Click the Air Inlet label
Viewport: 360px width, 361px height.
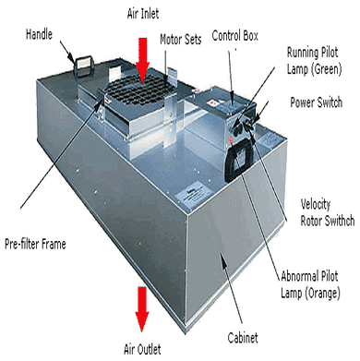[x=143, y=14]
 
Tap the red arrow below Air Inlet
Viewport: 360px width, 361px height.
[x=142, y=61]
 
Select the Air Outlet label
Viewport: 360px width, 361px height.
[x=142, y=349]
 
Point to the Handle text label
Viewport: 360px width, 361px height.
[x=39, y=34]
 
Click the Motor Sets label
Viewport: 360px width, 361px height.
[x=181, y=40]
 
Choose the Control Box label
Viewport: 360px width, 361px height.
[x=235, y=36]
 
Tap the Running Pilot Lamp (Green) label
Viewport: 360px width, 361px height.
[x=314, y=61]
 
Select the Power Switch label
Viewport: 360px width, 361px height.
[x=317, y=102]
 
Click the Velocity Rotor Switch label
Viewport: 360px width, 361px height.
[x=328, y=213]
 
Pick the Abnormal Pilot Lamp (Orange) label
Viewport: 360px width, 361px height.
[x=310, y=284]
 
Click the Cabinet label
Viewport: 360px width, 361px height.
[x=243, y=338]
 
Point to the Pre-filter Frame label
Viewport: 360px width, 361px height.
[x=35, y=244]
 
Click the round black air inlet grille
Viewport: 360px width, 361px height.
[x=140, y=89]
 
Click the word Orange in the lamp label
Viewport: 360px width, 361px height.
[x=323, y=293]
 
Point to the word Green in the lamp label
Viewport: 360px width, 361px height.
[x=327, y=69]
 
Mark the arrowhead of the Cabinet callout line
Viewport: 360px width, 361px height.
[x=223, y=259]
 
